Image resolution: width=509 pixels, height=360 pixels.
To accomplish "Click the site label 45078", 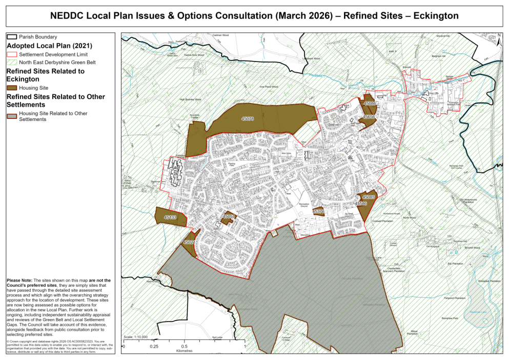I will (248, 118).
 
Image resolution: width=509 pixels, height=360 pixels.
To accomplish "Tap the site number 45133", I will (170, 218).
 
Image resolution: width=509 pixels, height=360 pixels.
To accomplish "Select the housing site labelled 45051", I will (229, 217).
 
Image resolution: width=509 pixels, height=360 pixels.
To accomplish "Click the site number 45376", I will (318, 211).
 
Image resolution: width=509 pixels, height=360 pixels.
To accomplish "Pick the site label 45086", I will (370, 104).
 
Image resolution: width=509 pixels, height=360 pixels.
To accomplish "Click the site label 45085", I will (369, 197).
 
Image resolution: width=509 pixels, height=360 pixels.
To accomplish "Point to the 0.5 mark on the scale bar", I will (184, 347).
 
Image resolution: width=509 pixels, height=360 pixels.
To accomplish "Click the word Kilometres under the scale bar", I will (184, 352).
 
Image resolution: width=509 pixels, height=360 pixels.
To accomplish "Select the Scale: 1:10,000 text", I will (136, 337).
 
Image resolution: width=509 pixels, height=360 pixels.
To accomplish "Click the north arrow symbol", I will (499, 37).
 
